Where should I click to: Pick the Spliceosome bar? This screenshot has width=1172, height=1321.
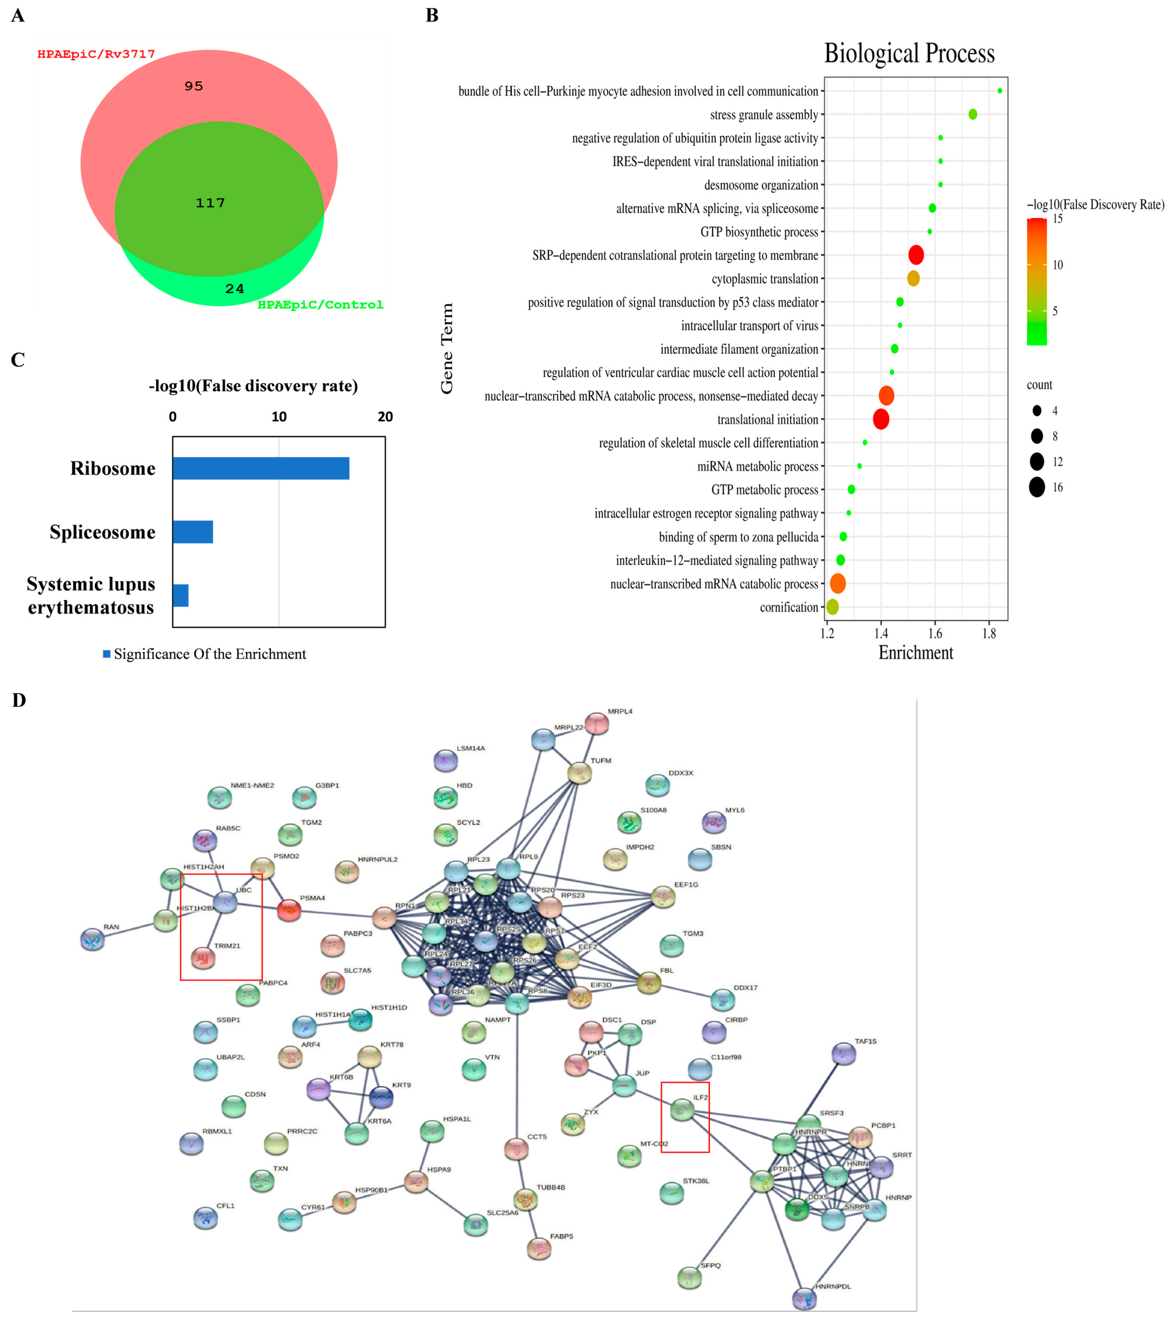pyautogui.click(x=192, y=532)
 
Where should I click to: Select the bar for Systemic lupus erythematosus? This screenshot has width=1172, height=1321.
pyautogui.click(x=180, y=595)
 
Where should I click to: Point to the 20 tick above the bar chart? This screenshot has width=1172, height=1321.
pyautogui.click(x=385, y=417)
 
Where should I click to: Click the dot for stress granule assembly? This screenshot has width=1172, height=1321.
pyautogui.click(x=972, y=115)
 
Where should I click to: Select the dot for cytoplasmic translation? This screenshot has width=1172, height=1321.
pyautogui.click(x=913, y=279)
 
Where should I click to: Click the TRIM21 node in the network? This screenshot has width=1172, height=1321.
pyautogui.click(x=203, y=958)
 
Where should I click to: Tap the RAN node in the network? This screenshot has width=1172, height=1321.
pyautogui.click(x=92, y=940)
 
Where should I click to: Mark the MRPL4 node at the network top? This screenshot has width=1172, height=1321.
pyautogui.click(x=596, y=723)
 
